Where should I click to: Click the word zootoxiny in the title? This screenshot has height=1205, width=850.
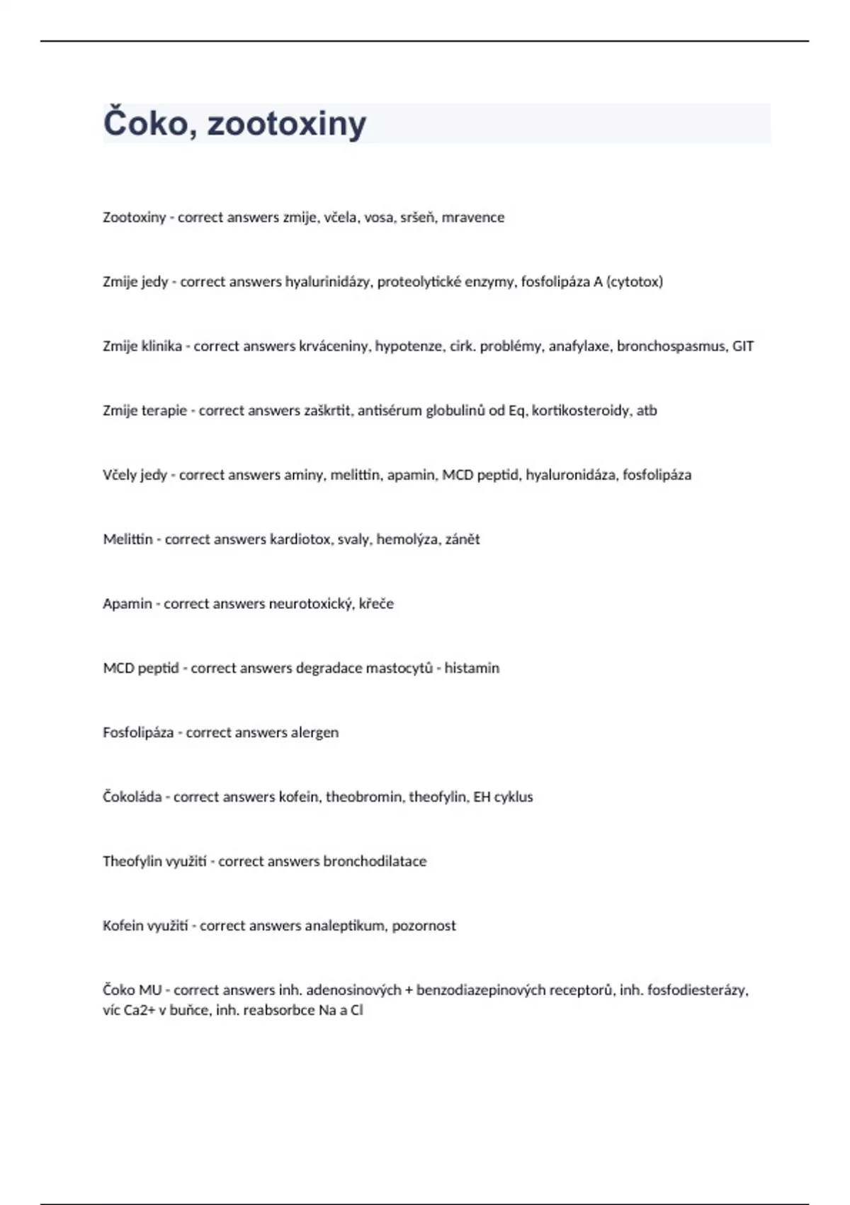click(286, 124)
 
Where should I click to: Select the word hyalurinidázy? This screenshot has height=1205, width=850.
click(327, 282)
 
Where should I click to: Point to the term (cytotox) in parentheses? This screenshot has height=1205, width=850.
click(635, 282)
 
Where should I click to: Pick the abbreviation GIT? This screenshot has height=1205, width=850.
click(743, 347)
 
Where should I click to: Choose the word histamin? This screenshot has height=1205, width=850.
click(472, 668)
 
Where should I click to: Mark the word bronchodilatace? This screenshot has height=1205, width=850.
click(375, 862)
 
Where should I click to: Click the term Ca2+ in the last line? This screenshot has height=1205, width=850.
click(140, 1011)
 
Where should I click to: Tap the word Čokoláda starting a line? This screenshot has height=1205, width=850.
click(132, 797)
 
